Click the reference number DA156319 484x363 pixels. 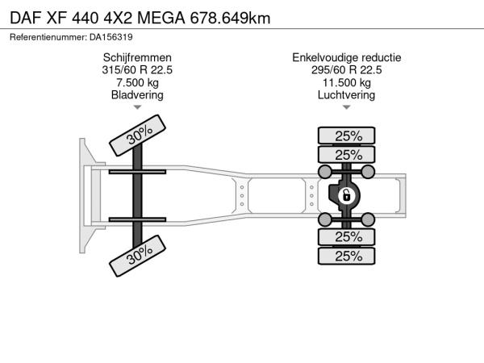pyautogui.click(x=111, y=37)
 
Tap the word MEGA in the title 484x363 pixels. pyautogui.click(x=161, y=18)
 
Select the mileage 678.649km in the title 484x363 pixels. pyautogui.click(x=230, y=18)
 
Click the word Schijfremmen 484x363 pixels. pyautogui.click(x=137, y=58)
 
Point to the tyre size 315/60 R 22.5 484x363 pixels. pyautogui.click(x=137, y=70)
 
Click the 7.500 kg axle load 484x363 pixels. pyautogui.click(x=137, y=83)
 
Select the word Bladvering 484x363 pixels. pyautogui.click(x=137, y=95)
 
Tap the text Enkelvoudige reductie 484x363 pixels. pyautogui.click(x=347, y=58)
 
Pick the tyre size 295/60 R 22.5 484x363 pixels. pyautogui.click(x=347, y=70)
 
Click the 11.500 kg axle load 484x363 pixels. pyautogui.click(x=347, y=83)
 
